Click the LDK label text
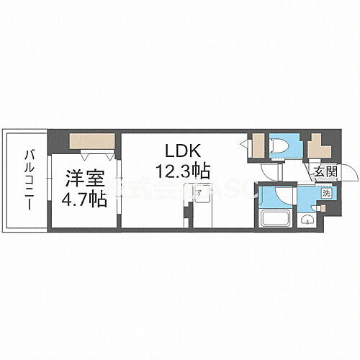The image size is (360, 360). [x=178, y=152]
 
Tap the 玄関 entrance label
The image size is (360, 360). [x=325, y=171]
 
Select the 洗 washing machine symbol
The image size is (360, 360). [x=325, y=193]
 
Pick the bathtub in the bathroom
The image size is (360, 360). [x=276, y=219]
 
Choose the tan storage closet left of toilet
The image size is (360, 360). [x=257, y=147]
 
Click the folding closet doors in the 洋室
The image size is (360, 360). [x=97, y=154]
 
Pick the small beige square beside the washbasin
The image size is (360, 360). [x=322, y=207]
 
